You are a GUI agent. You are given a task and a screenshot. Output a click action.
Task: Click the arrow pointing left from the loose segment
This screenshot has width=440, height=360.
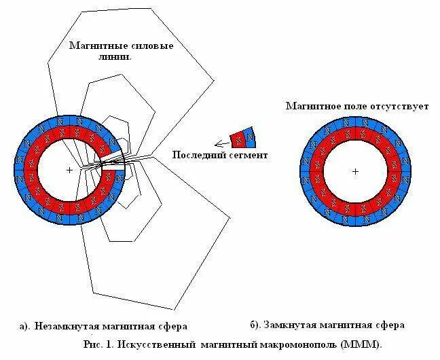point(221,143)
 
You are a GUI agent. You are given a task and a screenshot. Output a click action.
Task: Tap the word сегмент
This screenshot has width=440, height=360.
point(249,155)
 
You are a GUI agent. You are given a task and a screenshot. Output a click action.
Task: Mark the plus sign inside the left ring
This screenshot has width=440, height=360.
point(69,170)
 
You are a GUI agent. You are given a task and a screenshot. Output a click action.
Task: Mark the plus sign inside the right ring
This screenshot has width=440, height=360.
point(354,171)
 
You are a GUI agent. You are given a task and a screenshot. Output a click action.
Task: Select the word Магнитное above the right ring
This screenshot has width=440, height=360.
point(309,106)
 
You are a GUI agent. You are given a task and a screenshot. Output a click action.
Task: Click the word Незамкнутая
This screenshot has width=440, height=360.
point(65,326)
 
